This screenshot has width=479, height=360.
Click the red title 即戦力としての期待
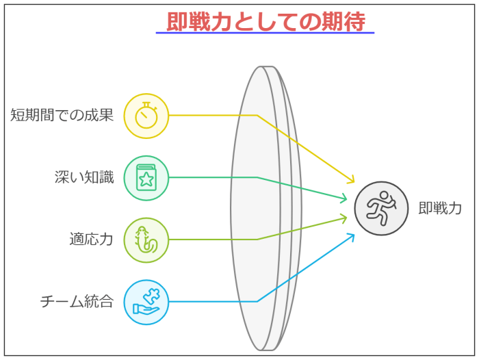coord(266,21)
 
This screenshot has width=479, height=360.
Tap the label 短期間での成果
coord(62,115)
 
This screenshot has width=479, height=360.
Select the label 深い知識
coord(84,177)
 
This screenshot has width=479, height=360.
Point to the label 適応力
coord(91,240)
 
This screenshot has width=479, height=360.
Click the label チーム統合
coord(77,301)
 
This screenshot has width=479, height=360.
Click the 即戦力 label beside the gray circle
coord(440,209)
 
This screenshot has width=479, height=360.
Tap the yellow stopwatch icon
coord(146,116)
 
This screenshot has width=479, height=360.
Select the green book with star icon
coord(146,177)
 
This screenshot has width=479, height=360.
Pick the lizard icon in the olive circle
coord(146,240)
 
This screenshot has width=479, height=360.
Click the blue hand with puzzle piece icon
coord(146,301)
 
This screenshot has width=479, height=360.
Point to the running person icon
coord(381,209)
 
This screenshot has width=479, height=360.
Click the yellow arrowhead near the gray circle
coord(351,179)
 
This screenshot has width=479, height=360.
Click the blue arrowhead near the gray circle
coord(351,237)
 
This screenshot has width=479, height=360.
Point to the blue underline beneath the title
coord(265,33)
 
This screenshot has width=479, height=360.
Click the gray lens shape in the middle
coord(266,208)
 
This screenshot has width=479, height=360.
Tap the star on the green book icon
coord(146,179)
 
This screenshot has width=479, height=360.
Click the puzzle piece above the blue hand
coord(152,295)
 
